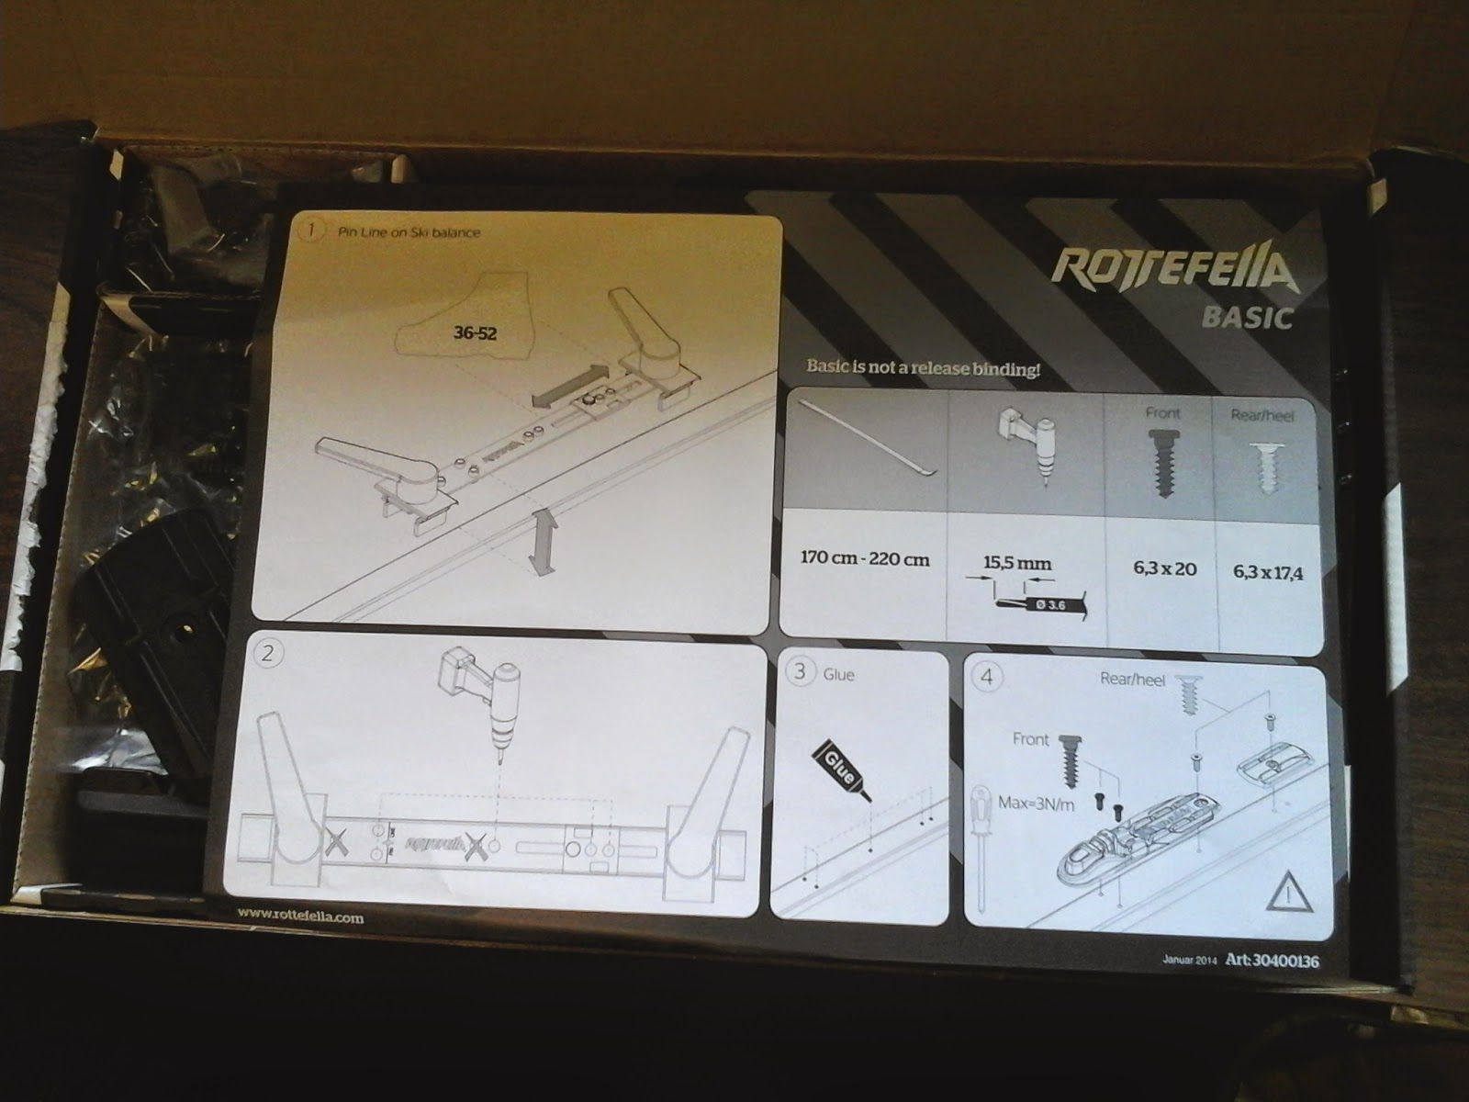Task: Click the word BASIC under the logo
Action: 1247,318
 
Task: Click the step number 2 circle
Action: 268,653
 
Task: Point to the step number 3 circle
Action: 800,671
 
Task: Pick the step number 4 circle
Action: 987,678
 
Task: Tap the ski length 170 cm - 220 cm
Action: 864,559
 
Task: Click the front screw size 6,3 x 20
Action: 1164,568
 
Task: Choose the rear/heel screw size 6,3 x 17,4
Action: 1268,573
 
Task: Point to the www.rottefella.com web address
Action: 299,916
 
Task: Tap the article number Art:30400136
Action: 1271,961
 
